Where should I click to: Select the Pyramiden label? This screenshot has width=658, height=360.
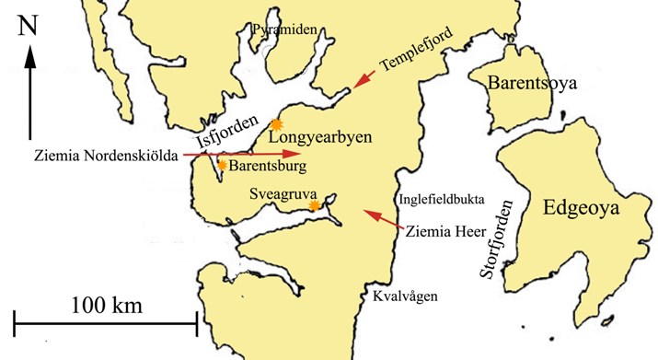tap(285, 30)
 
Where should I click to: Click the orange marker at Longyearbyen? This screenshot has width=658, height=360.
tap(274, 124)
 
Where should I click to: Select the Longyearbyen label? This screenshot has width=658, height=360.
tap(321, 138)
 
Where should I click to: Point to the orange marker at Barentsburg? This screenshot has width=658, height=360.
tap(222, 165)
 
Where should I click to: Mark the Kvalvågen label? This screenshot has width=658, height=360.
tap(406, 296)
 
